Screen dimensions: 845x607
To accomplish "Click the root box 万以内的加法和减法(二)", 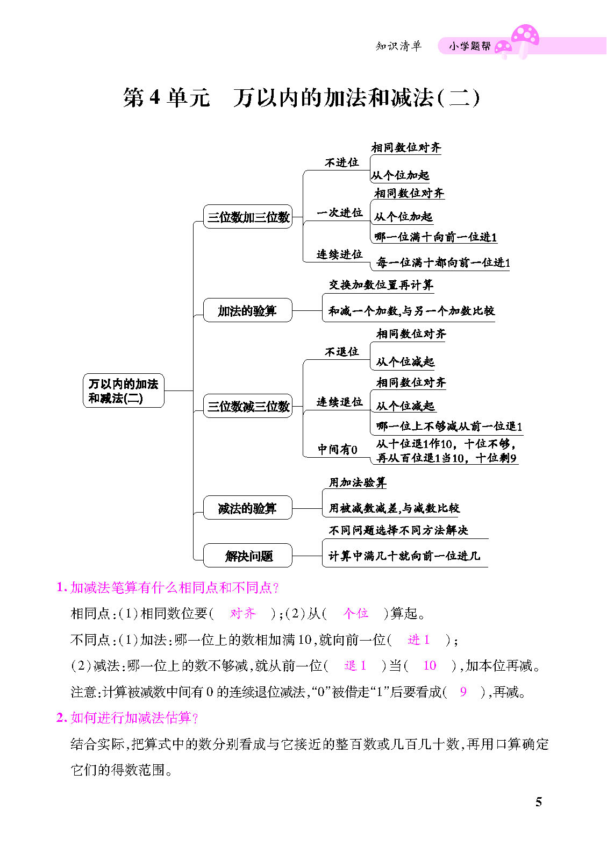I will click(x=123, y=391).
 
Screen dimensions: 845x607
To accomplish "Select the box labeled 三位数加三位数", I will click(x=248, y=217).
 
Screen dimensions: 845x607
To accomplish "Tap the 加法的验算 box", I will click(x=247, y=310).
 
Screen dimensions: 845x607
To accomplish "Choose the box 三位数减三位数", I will click(x=248, y=406).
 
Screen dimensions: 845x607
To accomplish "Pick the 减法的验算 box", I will click(x=247, y=508).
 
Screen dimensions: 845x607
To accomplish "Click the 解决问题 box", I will click(x=248, y=556).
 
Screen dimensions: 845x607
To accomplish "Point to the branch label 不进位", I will click(x=341, y=162).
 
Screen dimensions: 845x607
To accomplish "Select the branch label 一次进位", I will click(x=339, y=212).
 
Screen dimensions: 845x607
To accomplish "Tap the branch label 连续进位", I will click(x=339, y=254).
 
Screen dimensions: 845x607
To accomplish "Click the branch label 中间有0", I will click(x=337, y=449).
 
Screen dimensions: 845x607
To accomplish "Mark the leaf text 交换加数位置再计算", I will click(x=381, y=285).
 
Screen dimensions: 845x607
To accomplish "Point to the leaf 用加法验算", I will click(x=358, y=482).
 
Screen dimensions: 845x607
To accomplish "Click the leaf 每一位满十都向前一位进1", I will click(x=443, y=262).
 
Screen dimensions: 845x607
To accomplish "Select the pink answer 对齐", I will click(x=243, y=613).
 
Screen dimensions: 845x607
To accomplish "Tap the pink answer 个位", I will click(x=355, y=613).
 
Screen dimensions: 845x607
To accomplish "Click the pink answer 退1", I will click(x=355, y=666).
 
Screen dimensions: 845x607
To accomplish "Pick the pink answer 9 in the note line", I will click(x=463, y=692).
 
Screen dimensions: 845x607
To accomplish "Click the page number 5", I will click(x=538, y=802).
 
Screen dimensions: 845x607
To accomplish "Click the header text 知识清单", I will click(x=398, y=46).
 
